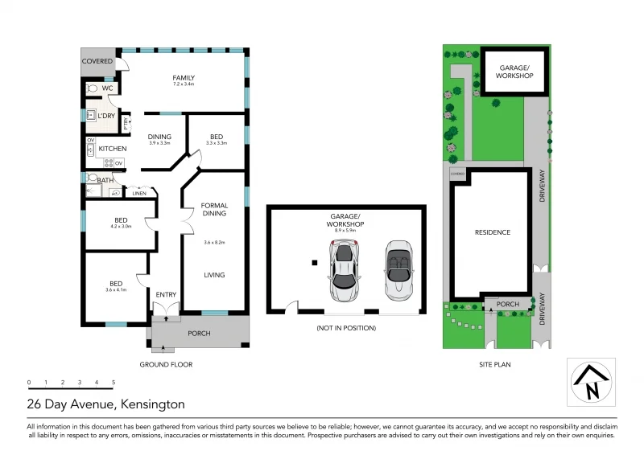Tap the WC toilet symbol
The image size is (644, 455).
(92, 88)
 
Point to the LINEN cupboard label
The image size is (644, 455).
(139, 194)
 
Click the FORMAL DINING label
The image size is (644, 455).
(214, 208)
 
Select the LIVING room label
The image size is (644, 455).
(214, 275)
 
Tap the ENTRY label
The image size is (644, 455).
(166, 294)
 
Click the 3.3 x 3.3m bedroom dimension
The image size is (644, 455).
(217, 143)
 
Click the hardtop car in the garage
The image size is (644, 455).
(344, 269)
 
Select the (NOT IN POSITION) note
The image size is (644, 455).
(345, 328)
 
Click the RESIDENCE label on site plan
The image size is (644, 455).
(492, 232)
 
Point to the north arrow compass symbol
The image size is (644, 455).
(592, 382)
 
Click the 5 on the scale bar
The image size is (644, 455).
(114, 382)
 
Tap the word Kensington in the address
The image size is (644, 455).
(153, 404)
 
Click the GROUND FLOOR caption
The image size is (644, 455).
(167, 364)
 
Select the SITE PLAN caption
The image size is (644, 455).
(492, 364)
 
